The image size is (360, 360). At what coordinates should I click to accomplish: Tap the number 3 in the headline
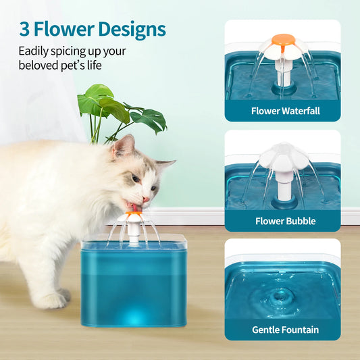(24, 30)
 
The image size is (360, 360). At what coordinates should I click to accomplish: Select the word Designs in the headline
(132, 30)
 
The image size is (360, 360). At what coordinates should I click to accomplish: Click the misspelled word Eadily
(34, 51)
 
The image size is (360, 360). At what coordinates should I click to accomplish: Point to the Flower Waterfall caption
(285, 111)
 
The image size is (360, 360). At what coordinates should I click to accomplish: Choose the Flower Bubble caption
(285, 221)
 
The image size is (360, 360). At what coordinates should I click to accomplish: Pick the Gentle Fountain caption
(285, 330)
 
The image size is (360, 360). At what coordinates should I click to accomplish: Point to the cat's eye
(136, 178)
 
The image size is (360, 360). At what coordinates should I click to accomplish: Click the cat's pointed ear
(121, 144)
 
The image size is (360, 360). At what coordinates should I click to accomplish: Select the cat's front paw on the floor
(54, 298)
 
